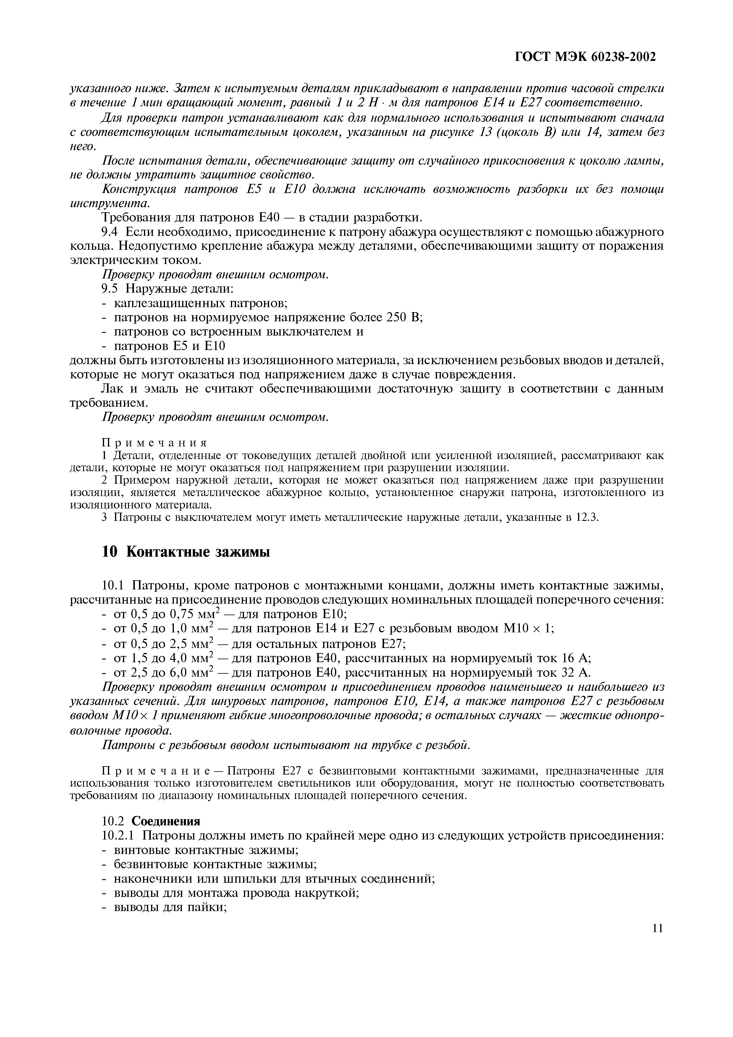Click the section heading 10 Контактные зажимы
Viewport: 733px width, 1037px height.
[x=186, y=552]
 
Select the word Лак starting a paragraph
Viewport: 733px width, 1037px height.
[x=113, y=388]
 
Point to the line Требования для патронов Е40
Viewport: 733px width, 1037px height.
[x=262, y=218]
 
